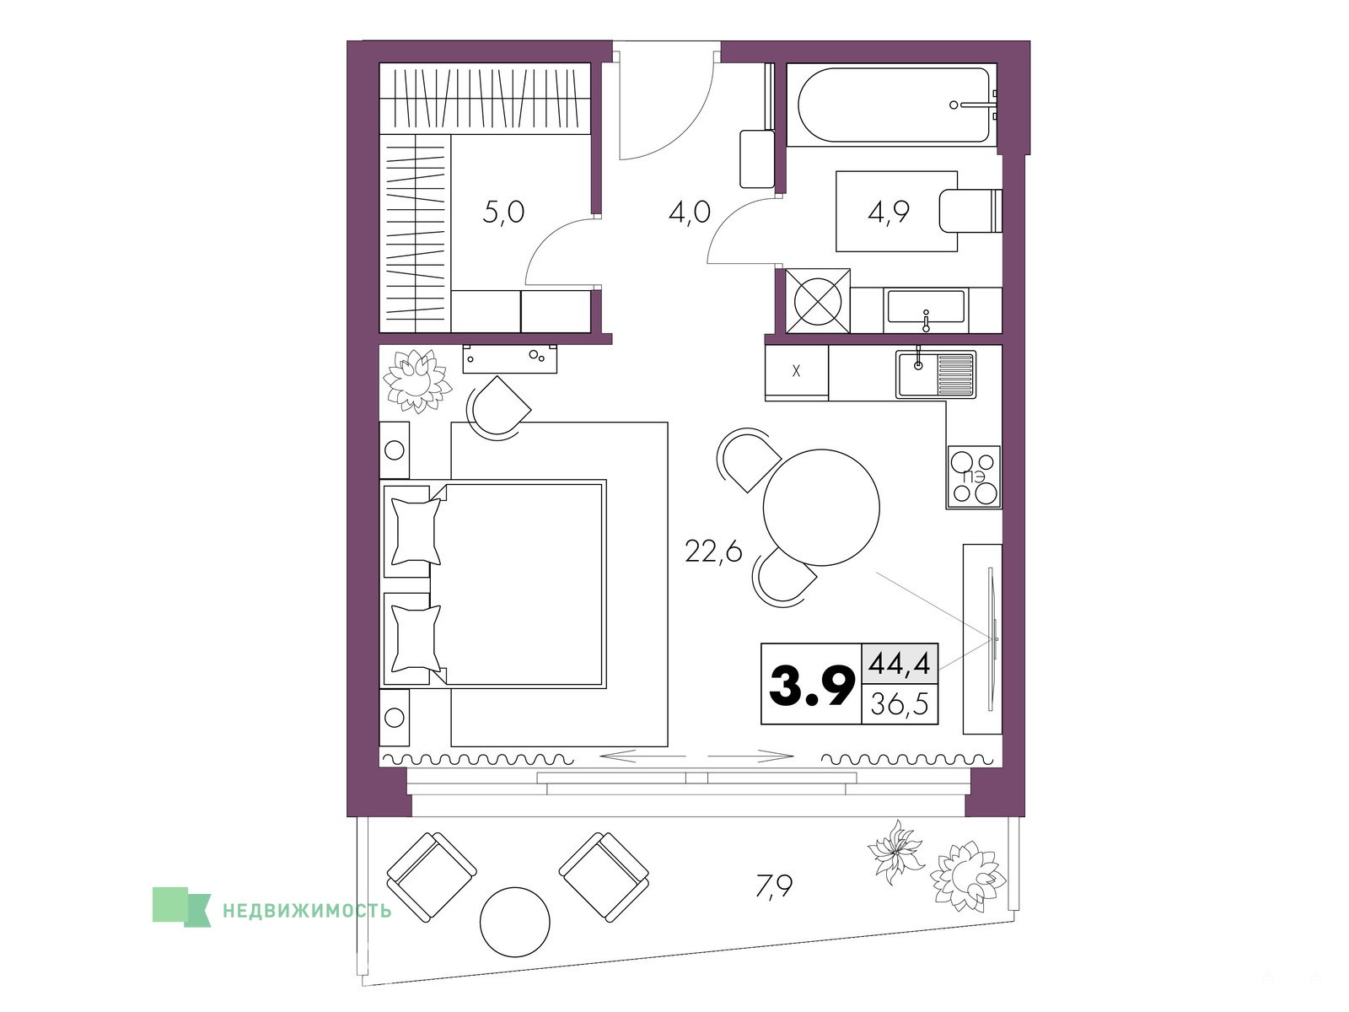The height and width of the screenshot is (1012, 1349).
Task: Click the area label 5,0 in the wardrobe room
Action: (x=503, y=213)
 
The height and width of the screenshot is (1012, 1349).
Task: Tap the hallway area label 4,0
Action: (x=690, y=213)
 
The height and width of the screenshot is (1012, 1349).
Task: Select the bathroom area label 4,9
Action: (x=889, y=212)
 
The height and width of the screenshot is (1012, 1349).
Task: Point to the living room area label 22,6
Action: (x=713, y=552)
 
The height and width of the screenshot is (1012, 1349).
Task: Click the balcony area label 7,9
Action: (x=774, y=885)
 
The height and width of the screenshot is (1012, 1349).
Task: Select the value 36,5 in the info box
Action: (x=900, y=704)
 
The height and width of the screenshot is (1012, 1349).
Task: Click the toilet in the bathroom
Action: (x=970, y=212)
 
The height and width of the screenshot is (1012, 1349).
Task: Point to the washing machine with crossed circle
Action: (x=817, y=301)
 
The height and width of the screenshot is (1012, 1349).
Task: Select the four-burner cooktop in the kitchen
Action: (x=974, y=476)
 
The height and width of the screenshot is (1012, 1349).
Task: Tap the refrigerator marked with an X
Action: (x=797, y=370)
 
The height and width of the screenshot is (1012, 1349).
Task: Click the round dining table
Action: (x=821, y=508)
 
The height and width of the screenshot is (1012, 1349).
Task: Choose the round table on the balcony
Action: (x=515, y=922)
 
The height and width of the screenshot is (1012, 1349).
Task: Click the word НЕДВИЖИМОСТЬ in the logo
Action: (x=307, y=911)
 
